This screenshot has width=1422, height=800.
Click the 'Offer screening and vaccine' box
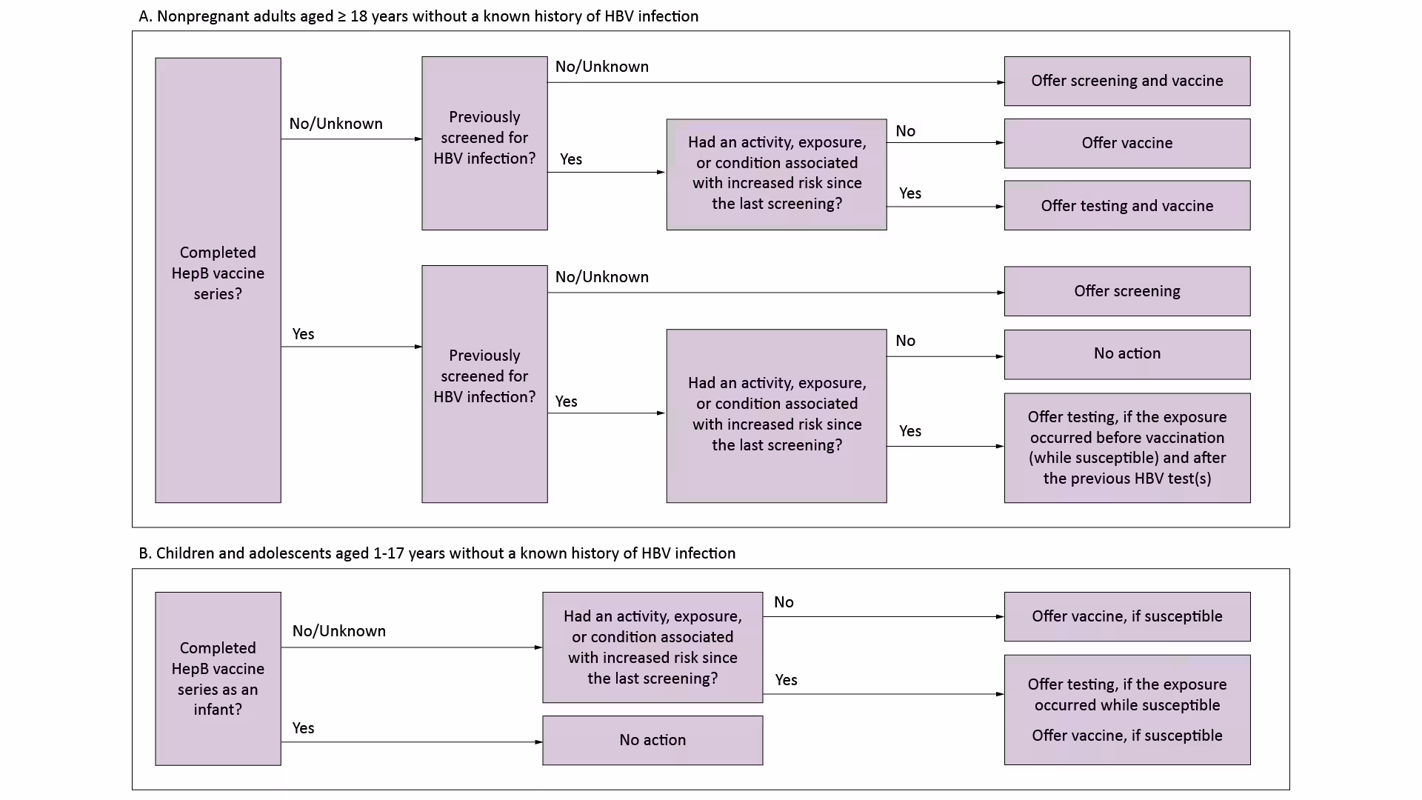click(1126, 81)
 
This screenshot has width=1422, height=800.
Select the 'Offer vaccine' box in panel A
click(1126, 143)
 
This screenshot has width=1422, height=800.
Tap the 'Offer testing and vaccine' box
click(1126, 205)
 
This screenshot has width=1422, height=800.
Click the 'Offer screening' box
click(1126, 291)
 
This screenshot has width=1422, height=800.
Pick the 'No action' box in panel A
click(1126, 354)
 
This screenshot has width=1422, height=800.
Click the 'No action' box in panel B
click(652, 740)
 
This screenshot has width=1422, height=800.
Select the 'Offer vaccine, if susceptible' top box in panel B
click(1126, 616)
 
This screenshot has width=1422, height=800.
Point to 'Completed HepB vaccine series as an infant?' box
click(218, 679)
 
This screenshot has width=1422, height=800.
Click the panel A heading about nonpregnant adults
click(418, 16)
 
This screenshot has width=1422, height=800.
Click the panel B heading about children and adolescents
click(437, 553)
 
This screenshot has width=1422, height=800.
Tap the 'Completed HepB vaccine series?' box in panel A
click(218, 280)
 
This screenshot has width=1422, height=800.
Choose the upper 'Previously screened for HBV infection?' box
click(484, 143)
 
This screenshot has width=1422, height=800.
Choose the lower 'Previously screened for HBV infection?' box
click(484, 384)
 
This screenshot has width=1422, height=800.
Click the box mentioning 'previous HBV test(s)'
click(1126, 447)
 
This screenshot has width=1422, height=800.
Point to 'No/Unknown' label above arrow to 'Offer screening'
click(601, 277)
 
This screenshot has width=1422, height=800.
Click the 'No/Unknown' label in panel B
click(338, 631)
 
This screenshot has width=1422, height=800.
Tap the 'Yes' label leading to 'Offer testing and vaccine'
click(909, 193)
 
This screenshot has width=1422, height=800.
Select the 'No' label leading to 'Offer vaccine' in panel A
click(905, 131)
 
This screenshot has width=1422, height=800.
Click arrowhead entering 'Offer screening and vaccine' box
click(1000, 82)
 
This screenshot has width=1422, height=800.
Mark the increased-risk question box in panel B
click(652, 647)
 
